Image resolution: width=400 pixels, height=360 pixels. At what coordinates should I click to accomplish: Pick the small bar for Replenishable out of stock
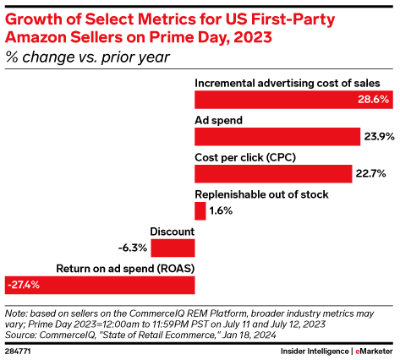coord(200,211)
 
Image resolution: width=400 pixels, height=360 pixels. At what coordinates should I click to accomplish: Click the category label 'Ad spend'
coord(219,120)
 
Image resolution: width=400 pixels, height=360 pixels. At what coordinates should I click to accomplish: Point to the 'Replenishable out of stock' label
coord(262,194)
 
